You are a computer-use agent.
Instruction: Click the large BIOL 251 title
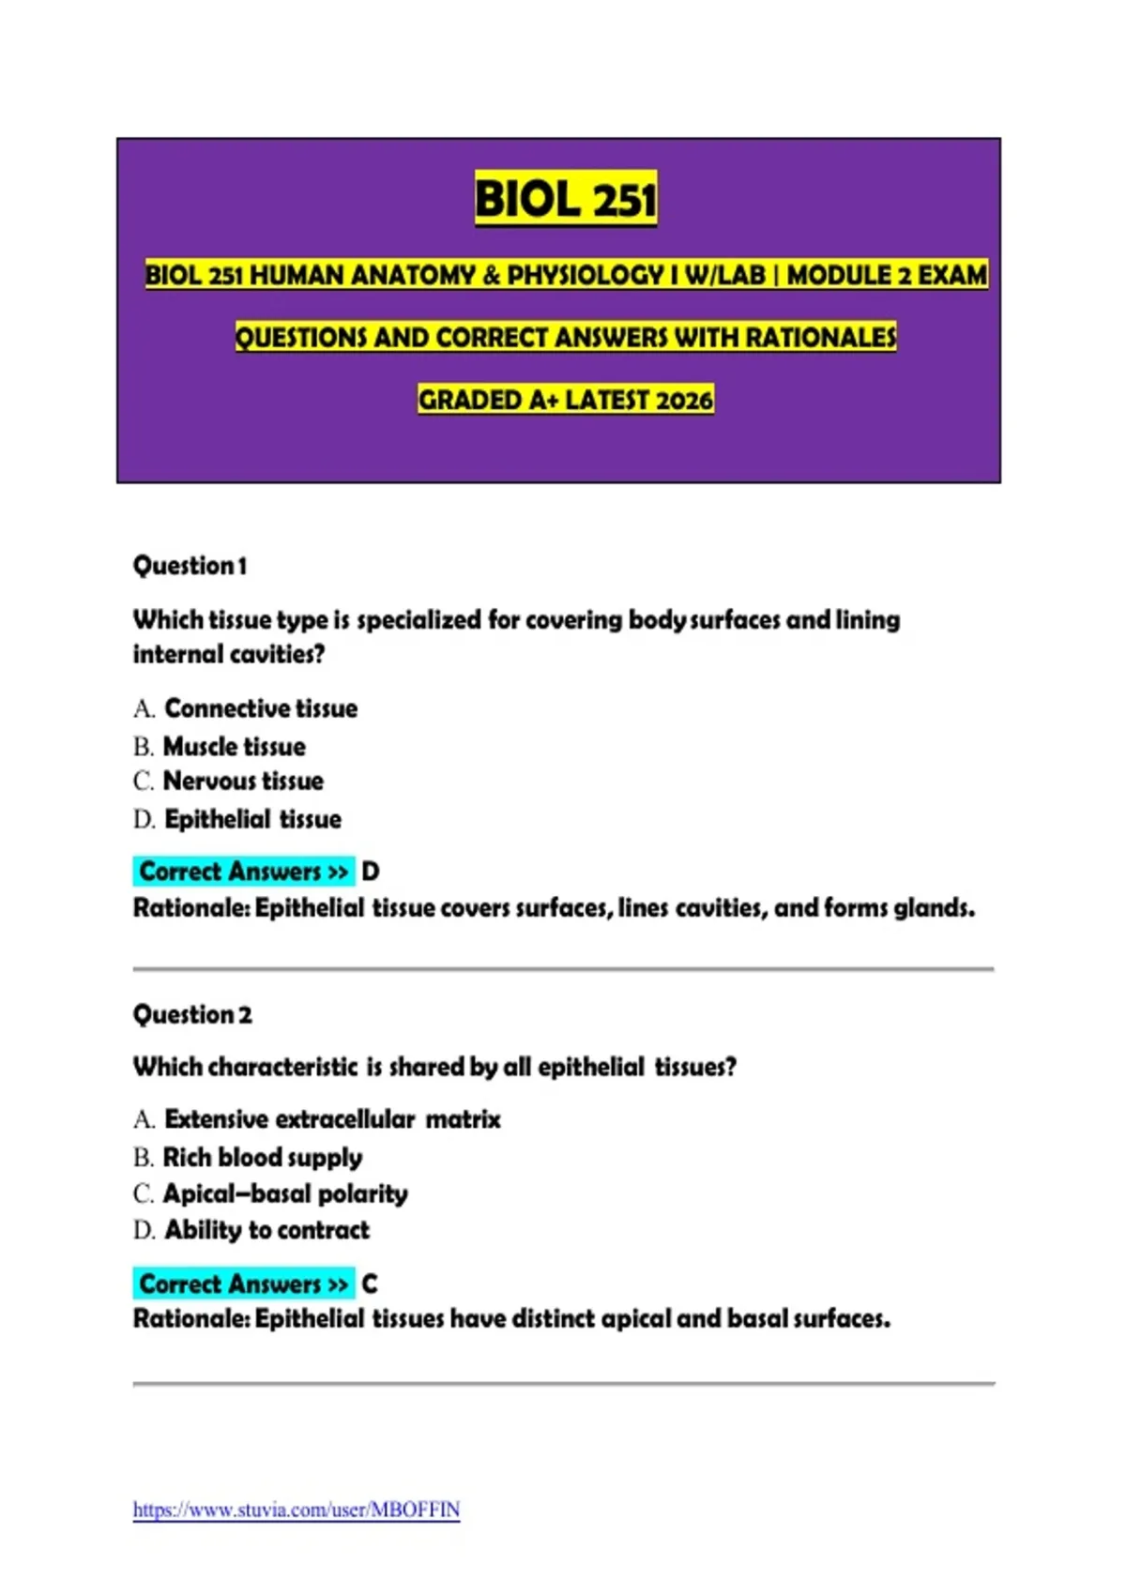(565, 199)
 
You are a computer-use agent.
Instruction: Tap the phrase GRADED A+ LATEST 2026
(565, 400)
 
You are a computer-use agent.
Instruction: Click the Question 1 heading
(190, 566)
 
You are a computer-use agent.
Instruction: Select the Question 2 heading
(192, 1014)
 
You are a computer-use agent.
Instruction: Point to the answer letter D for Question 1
(371, 872)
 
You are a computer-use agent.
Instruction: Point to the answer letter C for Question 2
(370, 1284)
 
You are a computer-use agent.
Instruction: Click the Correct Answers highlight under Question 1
(243, 872)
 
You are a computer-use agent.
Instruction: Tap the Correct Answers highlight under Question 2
(243, 1284)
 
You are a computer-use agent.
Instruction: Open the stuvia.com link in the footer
(297, 1510)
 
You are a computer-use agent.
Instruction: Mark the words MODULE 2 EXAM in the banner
(887, 275)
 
